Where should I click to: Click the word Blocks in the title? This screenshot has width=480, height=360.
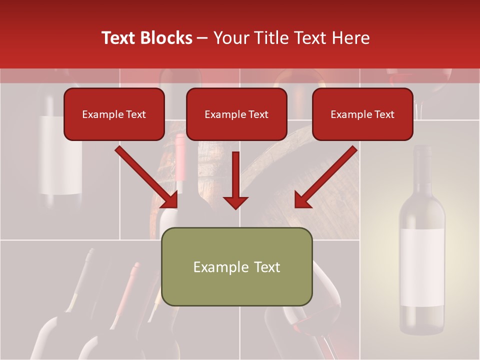tap(167, 38)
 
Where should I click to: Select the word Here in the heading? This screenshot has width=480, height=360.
tap(351, 38)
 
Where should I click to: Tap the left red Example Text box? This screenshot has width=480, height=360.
tap(114, 114)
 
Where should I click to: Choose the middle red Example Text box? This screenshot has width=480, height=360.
tap(236, 114)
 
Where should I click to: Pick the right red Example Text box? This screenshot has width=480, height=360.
tap(362, 114)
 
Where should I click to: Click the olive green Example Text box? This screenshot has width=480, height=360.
tap(236, 266)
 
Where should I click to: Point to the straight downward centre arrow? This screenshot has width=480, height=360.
tap(235, 180)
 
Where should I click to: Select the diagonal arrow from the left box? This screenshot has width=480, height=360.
tap(147, 177)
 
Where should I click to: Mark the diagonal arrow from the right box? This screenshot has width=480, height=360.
tap(325, 177)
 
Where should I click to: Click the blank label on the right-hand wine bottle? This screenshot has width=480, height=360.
tap(421, 267)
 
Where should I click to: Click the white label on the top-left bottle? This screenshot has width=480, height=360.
tap(61, 155)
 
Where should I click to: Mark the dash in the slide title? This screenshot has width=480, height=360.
tap(202, 38)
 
